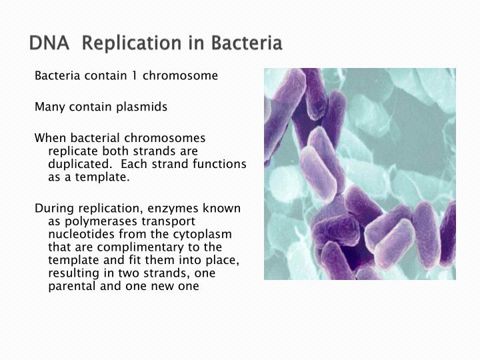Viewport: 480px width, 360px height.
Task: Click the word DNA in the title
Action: (x=47, y=43)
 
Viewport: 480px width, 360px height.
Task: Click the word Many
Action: (x=49, y=107)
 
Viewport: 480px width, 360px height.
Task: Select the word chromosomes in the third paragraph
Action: (x=173, y=138)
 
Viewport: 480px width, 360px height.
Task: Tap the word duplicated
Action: (x=75, y=164)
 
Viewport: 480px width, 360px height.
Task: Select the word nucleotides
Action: (x=76, y=234)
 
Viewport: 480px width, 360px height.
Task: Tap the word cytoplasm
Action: (x=203, y=234)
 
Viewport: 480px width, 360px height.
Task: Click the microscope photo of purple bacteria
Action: (x=359, y=173)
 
